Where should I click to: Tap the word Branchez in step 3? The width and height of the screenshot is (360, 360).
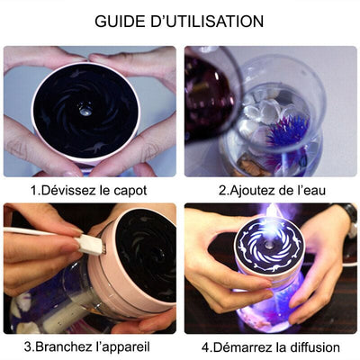67,346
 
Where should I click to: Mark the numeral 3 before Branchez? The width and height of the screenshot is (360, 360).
29,346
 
